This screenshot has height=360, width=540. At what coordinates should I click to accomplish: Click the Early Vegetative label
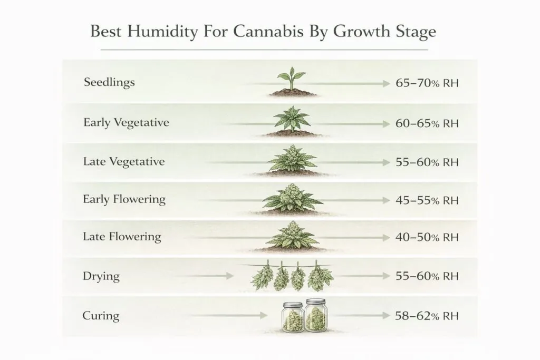[126, 123]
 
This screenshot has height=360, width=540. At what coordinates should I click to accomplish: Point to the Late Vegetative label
[124, 161]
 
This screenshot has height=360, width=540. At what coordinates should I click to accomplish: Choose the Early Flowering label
[124, 200]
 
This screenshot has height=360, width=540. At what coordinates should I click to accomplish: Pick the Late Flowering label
[122, 237]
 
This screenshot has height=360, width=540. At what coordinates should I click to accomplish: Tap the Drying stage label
[101, 276]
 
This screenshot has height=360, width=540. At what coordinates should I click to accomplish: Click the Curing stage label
[101, 316]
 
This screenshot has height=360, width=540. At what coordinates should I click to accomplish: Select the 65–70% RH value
[427, 83]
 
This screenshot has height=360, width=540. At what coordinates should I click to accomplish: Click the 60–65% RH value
[427, 124]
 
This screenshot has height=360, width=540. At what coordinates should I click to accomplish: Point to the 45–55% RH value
[427, 200]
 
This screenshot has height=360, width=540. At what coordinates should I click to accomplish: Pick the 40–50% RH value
[427, 238]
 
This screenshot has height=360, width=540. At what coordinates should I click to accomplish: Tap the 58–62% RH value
[427, 316]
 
